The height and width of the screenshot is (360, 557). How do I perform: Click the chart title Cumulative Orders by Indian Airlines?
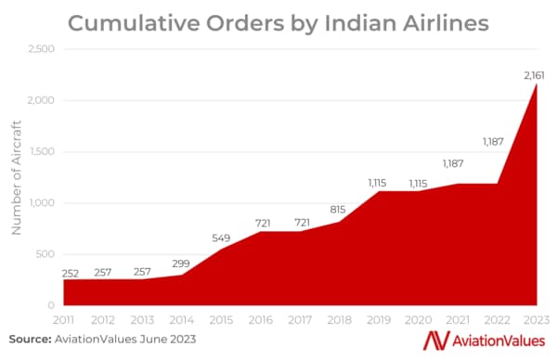coord(278,21)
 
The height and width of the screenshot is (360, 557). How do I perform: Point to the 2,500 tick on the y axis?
coord(41,48)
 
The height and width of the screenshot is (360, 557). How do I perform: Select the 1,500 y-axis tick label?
coord(41,151)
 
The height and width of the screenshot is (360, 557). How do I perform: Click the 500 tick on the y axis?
coord(45,254)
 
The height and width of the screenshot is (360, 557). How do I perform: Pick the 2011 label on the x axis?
coord(64,318)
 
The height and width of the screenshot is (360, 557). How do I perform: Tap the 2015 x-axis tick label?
coord(222,318)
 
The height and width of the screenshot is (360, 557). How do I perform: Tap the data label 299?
coord(182,263)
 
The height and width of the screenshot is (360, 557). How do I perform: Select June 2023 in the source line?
coord(174,339)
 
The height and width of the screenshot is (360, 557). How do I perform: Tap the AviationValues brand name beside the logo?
coord(499,341)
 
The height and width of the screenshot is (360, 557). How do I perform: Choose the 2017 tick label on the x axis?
coord(301,318)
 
